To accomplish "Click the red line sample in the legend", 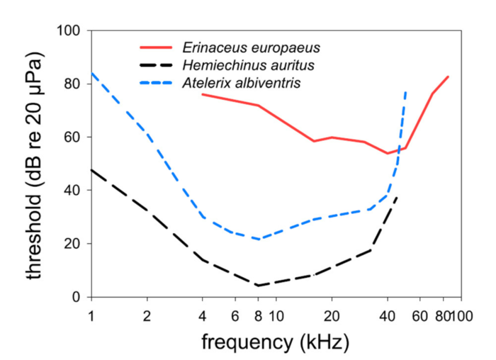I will (160, 48).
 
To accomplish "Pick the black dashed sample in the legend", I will (160, 66).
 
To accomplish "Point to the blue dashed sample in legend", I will (160, 84).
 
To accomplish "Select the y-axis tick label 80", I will (73, 84).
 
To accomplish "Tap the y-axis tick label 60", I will (73, 137).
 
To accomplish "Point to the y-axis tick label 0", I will (77, 297).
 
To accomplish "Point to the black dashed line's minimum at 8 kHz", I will (258, 286).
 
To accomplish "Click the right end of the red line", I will (449, 77).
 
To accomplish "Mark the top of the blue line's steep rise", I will (405, 91).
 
